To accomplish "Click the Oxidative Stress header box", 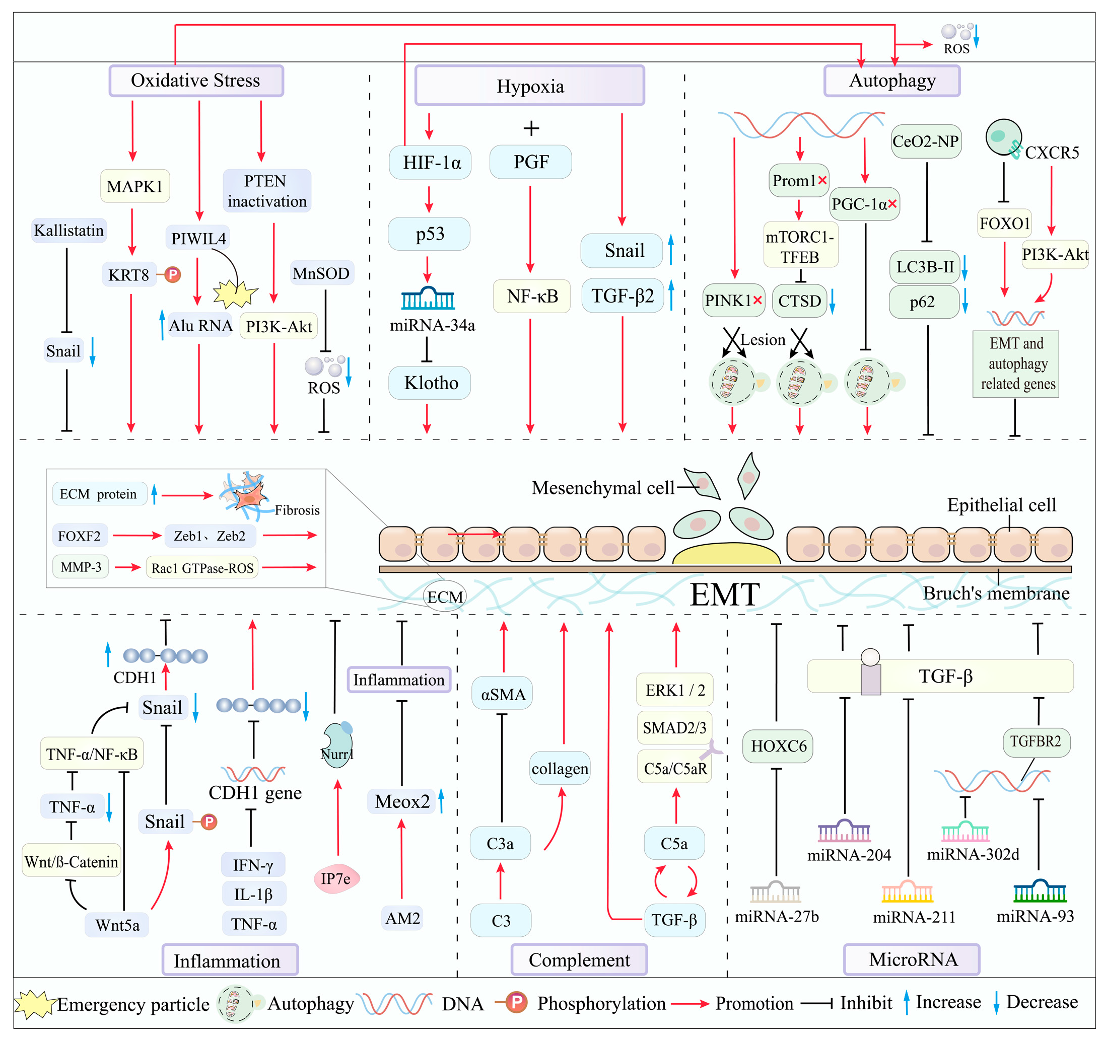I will pos(196,81).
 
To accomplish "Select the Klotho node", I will pos(430,383).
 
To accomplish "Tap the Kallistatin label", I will pos(69,230).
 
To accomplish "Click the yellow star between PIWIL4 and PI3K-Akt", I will pos(235,293).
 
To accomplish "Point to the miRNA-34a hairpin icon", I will pos(428,299).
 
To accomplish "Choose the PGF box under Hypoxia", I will pos(530,162).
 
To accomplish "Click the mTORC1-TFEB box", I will pos(800,247).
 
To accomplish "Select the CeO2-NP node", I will pos(925,141).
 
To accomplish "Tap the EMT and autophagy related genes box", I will pos(1015,364).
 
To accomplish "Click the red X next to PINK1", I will pos(757,300).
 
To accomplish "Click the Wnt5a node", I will pos(117,925).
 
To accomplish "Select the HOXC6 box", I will pos(778,746).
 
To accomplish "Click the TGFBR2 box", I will pos(1036,741).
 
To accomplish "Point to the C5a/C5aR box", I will pos(675,768).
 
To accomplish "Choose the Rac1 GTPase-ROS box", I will pos(202,567).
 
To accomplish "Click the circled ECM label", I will pos(444,597).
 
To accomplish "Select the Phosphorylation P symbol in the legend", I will pos(516,1002).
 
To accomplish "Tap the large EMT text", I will pos(724,595).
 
